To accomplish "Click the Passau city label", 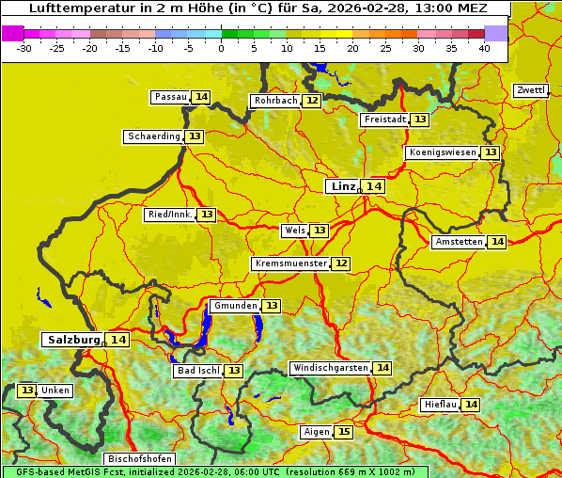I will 171,97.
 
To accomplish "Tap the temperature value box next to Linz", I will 374,186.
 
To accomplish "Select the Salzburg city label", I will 73,340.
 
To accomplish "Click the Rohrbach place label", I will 275,101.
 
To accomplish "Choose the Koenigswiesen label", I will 442,152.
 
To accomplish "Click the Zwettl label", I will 531,90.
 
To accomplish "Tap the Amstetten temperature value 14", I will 497,242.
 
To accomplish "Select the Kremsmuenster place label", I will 290,263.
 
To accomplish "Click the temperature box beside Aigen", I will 343,432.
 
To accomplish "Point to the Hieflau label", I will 440,405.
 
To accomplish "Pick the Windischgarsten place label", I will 330,368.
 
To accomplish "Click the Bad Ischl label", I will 197,371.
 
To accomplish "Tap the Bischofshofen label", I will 138,460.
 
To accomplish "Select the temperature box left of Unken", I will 26,390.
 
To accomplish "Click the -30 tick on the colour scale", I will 24,48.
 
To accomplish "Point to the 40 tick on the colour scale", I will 483,48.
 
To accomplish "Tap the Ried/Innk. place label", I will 170,215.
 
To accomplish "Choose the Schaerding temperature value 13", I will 195,136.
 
